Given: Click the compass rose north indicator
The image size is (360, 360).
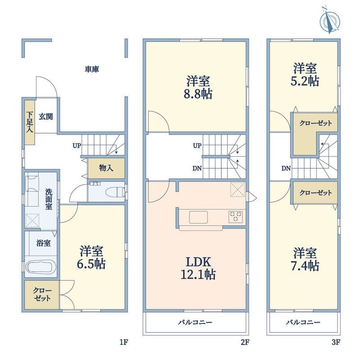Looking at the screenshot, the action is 330,20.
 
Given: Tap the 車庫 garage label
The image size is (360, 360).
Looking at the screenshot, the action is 92,69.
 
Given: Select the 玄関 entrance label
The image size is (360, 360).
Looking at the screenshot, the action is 46,117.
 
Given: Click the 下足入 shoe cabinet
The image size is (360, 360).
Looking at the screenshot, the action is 30,122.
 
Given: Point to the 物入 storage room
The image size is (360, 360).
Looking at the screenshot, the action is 106,168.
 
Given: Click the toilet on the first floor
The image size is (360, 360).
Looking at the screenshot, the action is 117,192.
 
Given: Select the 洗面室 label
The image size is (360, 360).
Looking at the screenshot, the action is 49,199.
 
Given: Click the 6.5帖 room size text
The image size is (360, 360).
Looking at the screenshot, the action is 91,264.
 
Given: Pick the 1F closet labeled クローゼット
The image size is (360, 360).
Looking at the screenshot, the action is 42,295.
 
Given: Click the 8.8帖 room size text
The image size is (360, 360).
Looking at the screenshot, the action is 198,94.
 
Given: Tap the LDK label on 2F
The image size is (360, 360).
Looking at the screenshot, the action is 198,262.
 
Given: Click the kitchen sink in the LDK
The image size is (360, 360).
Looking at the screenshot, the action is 198,217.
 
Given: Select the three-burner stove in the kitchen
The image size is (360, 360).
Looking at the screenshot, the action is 235,217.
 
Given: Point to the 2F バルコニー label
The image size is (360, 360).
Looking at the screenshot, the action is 195,322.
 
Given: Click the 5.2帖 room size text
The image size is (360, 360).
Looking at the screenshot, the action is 305,81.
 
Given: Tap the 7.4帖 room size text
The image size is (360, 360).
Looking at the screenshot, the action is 305,265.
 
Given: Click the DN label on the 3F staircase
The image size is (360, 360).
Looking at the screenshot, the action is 286,168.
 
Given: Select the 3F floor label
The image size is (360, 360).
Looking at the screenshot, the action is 336,342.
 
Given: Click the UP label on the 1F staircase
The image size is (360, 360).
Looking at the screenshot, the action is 76,145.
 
